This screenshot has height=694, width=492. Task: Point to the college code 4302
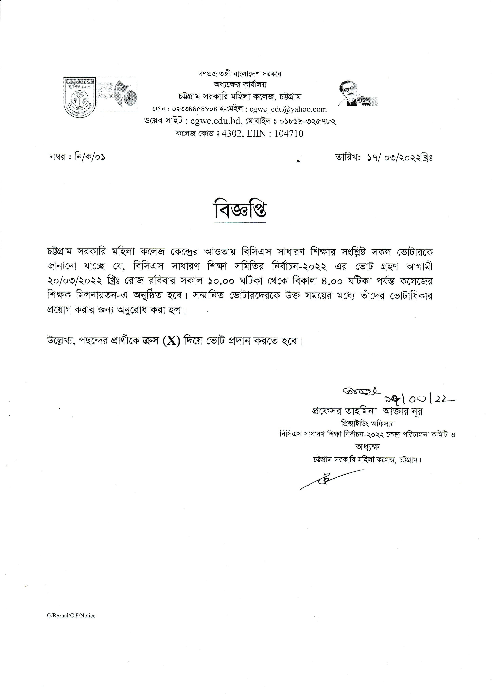(232, 134)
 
